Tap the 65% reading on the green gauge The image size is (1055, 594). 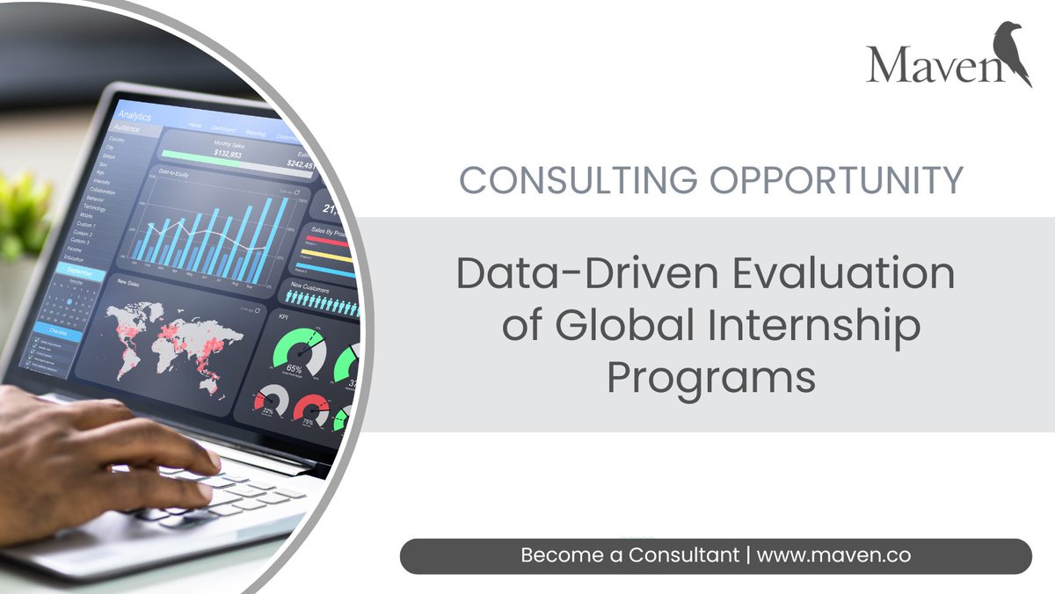tap(295, 369)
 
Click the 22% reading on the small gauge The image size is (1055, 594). tap(268, 411)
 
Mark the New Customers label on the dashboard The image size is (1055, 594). tap(309, 287)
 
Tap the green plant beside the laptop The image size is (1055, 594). tap(22, 211)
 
